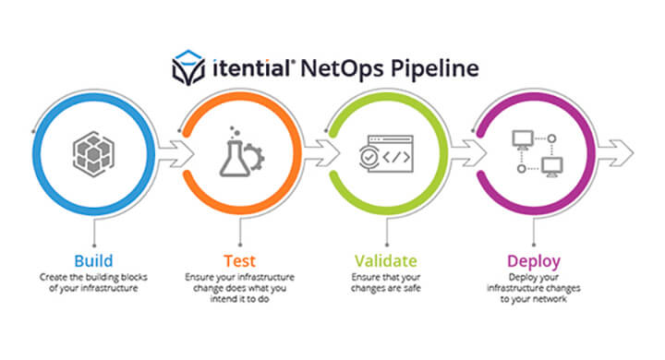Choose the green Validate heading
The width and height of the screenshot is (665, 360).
[386, 260]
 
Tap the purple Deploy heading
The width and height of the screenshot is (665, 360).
[535, 260]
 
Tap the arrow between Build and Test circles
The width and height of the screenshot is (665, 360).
[171, 154]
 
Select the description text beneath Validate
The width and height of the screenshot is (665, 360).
[386, 282]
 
